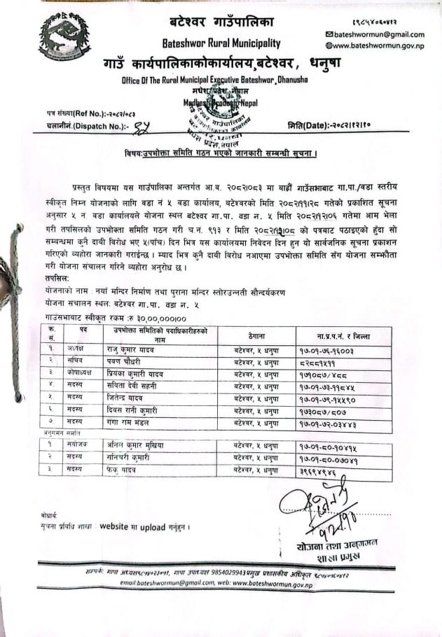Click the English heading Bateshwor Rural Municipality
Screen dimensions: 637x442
point(221,43)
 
